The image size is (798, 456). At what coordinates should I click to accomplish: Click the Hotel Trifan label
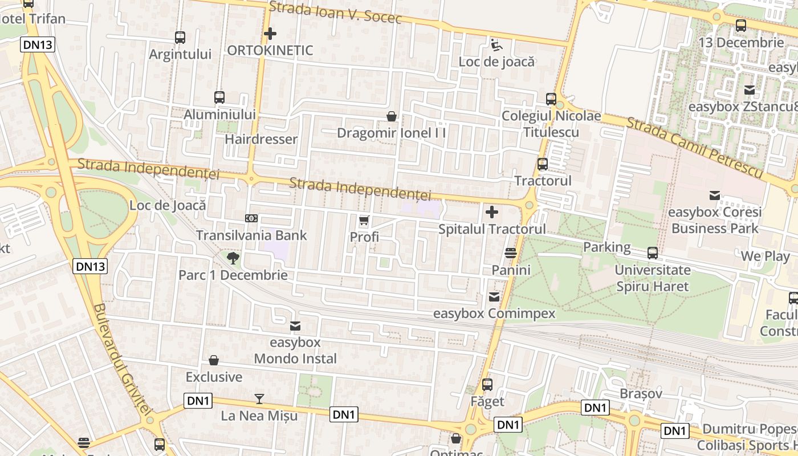coord(31,18)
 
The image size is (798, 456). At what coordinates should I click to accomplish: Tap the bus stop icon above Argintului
coord(180,38)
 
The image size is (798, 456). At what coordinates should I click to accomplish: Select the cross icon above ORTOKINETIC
coord(270,34)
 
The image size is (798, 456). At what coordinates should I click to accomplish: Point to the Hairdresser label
coord(261,139)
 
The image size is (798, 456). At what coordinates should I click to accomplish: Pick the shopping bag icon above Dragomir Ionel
coord(392,117)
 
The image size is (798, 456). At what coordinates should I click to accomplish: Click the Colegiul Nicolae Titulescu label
coord(551,124)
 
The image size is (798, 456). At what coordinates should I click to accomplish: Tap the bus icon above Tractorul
coord(543,164)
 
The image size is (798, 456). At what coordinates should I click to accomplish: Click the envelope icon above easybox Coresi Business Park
coord(715,196)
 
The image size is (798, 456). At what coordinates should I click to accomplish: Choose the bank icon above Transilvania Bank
coord(251,218)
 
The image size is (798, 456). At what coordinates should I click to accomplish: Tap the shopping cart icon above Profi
coord(364,220)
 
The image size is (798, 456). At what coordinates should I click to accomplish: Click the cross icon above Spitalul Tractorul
coord(492,213)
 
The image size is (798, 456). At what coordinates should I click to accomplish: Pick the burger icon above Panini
coord(511,253)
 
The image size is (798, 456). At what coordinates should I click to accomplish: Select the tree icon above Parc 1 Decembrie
coord(233,258)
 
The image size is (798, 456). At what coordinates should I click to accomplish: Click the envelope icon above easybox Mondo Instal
coord(295,326)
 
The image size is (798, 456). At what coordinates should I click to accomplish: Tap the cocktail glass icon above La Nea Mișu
coord(259,399)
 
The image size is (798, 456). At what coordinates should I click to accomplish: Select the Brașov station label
coord(641,393)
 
